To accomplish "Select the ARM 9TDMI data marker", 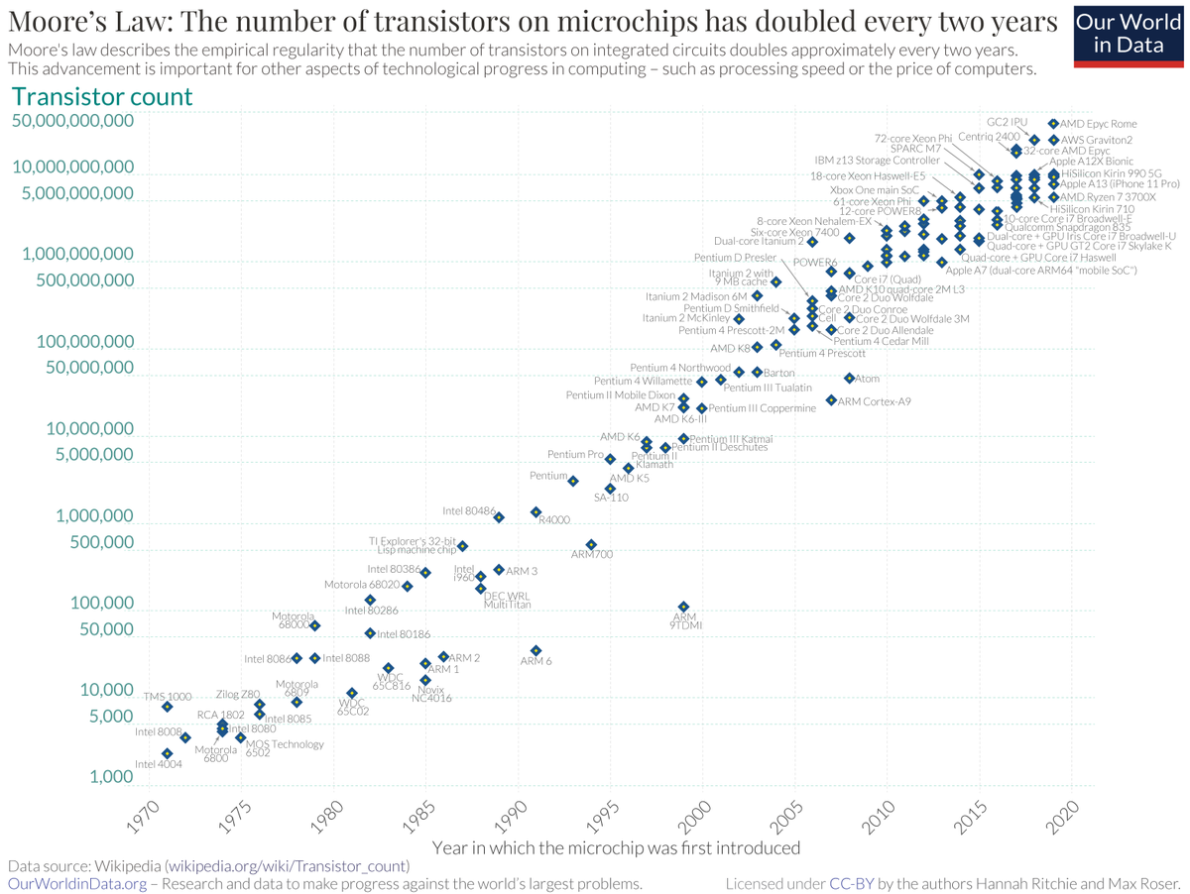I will (x=683, y=607).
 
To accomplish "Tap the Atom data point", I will (x=850, y=379).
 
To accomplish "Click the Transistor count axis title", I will (x=101, y=97).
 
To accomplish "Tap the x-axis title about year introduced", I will (x=616, y=848).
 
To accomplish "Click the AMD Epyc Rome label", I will (x=1098, y=124).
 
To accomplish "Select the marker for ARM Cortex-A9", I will (x=831, y=400).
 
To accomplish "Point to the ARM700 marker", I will (x=591, y=544).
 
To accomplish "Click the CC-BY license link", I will (x=851, y=883).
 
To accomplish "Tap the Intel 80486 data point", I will (x=499, y=517).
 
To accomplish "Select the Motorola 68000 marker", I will (x=314, y=625).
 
